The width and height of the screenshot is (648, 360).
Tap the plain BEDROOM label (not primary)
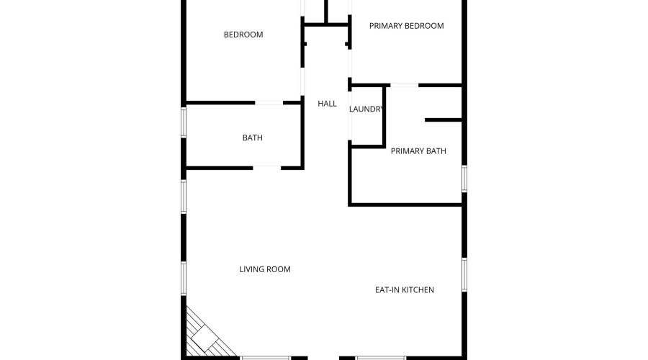point(243,35)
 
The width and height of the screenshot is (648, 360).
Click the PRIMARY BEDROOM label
point(406,26)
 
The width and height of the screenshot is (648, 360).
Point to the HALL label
point(327,104)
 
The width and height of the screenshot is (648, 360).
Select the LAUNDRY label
point(366,109)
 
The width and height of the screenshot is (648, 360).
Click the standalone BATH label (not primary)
point(252,138)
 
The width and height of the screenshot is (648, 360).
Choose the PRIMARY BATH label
point(418,151)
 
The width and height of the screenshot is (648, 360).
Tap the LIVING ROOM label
point(265,269)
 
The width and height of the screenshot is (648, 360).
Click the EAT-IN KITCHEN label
point(404,290)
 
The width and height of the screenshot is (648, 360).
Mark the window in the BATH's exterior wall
point(184,122)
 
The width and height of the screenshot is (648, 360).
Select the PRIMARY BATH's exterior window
point(464,179)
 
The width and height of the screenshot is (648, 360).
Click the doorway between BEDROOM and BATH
point(269,102)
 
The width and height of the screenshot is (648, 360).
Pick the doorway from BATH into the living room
point(267,168)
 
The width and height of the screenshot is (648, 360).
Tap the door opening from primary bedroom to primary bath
point(404,85)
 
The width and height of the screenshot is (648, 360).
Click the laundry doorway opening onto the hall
point(350,116)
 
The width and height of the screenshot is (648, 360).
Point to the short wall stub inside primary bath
point(443,120)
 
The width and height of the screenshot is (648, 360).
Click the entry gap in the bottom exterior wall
point(323,358)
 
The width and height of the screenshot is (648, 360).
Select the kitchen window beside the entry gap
point(381,358)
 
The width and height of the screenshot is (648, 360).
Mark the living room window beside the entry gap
point(266,358)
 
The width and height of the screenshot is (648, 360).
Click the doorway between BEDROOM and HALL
point(302,82)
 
